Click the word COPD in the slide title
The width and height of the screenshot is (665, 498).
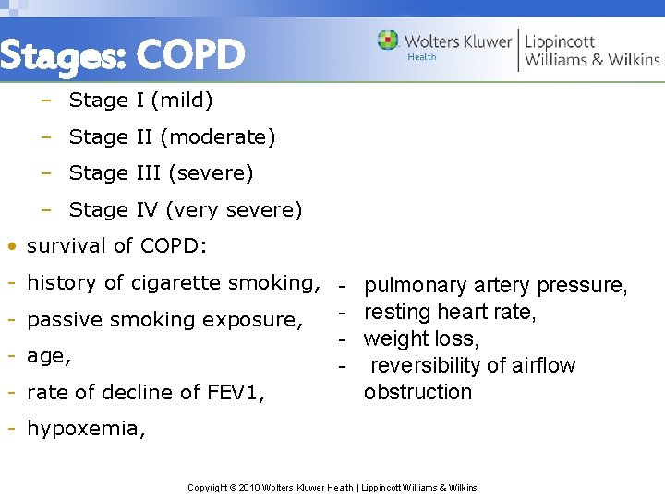point(191,55)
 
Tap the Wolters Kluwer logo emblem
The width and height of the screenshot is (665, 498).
point(388,41)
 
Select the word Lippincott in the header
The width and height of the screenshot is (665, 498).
point(560,41)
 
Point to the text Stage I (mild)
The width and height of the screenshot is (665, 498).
point(140,100)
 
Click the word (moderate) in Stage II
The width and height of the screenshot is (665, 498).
point(218,137)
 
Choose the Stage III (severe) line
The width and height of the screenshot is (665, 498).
point(161,173)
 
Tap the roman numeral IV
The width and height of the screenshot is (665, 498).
point(147,210)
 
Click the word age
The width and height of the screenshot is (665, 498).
point(46,356)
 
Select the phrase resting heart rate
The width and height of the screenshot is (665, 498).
point(450,313)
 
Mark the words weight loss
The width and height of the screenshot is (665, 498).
point(420,339)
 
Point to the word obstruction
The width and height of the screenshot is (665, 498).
point(417,392)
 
